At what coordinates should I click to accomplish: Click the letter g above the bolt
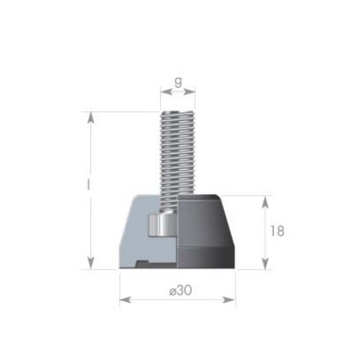[178, 82]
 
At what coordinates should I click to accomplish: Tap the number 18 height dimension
[277, 231]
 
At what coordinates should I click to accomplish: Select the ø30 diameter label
[181, 291]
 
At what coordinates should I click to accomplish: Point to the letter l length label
[88, 184]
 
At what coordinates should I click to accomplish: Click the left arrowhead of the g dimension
[166, 92]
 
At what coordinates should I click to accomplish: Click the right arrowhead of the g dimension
[190, 92]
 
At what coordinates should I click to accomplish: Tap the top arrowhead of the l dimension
[91, 118]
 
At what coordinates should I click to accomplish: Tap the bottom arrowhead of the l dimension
[91, 263]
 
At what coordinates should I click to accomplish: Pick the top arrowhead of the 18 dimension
[265, 202]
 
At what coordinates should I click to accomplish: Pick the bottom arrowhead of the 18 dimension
[265, 264]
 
